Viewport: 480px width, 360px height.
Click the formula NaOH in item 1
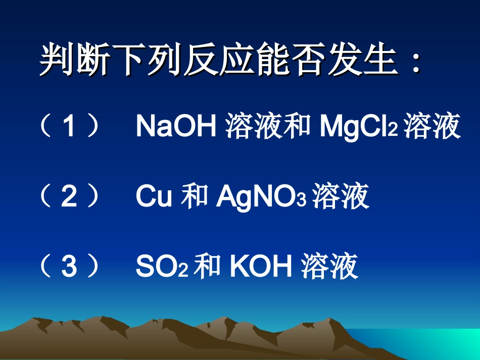176,127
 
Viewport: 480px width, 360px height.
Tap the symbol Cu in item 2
154,197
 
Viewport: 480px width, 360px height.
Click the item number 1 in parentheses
69,127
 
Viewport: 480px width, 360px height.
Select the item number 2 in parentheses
69,197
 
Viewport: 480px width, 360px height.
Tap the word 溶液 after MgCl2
432,127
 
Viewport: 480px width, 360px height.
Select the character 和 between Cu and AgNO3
195,197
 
